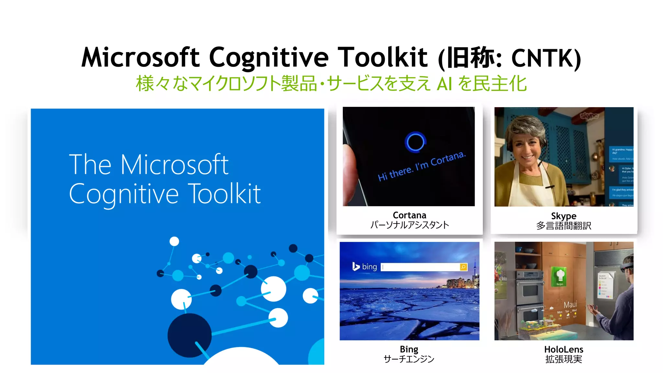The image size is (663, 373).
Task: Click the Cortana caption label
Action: (409, 215)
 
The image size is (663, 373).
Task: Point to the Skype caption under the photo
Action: (564, 216)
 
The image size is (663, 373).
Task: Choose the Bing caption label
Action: (409, 349)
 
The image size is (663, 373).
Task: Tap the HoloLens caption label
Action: (564, 350)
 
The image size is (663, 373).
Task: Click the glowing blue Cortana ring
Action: (415, 142)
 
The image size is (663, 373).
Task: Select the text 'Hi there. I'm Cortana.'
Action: (422, 166)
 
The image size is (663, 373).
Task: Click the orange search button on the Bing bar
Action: (463, 267)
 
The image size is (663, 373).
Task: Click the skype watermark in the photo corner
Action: (589, 116)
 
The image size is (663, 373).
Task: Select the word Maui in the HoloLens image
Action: (570, 305)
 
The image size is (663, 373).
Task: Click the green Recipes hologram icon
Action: (560, 276)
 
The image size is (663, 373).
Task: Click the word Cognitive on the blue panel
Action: (124, 194)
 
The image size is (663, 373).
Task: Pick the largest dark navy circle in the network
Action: (189, 335)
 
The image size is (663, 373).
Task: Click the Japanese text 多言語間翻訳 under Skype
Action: (564, 226)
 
